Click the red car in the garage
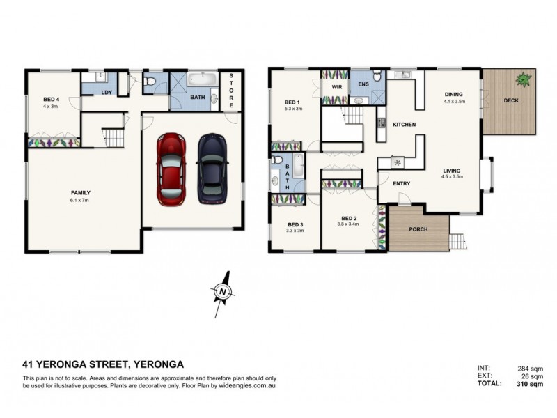[x=171, y=169]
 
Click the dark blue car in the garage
[x=212, y=169]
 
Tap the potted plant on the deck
[x=524, y=79]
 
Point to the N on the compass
[x=223, y=292]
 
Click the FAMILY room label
[x=81, y=193]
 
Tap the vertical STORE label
[x=231, y=91]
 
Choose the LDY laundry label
[x=107, y=93]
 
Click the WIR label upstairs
[x=337, y=86]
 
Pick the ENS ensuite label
[x=363, y=84]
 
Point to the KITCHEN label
[x=405, y=125]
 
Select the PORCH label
[x=418, y=229]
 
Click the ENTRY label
[x=402, y=183]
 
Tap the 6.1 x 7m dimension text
[x=79, y=200]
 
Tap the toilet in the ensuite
[x=377, y=75]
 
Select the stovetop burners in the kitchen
[x=381, y=123]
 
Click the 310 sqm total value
[x=530, y=384]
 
